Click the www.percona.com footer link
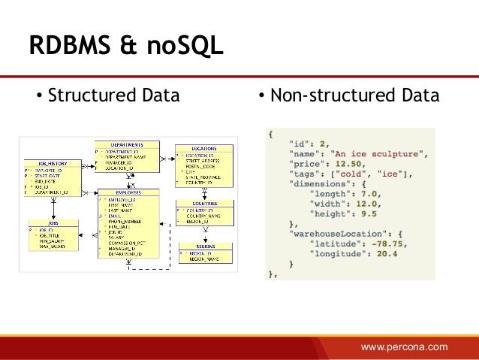[404, 346]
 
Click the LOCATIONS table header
[203, 149]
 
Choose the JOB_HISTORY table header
[49, 162]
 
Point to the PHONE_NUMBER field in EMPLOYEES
[125, 222]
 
